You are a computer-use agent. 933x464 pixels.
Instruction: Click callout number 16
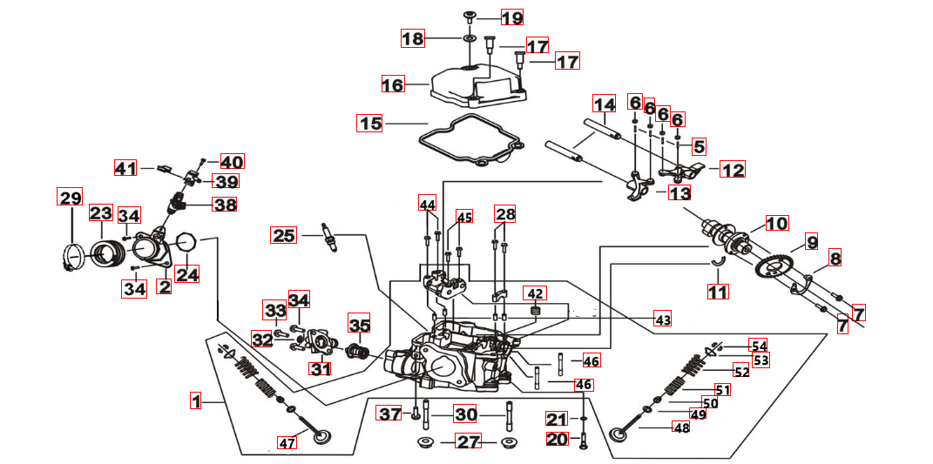393,85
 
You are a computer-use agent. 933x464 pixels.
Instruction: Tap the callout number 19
511,17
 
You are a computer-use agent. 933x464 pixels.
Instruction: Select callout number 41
127,168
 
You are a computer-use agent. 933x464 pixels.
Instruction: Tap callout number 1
197,401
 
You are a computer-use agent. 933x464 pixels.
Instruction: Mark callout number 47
287,443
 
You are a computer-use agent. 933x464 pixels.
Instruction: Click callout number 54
759,346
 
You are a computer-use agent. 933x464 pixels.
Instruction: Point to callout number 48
679,427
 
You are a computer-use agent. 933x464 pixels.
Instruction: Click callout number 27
469,441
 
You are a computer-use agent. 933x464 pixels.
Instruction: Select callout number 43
663,319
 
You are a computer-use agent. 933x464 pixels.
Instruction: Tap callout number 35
360,326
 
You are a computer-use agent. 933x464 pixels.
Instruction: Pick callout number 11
717,292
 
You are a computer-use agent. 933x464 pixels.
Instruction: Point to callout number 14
605,104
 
